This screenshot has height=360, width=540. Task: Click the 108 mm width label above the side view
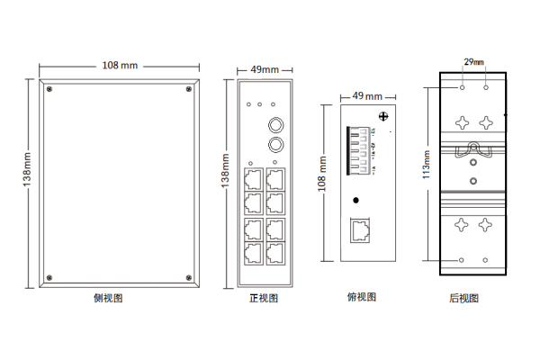coord(120,66)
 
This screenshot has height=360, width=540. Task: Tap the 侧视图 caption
coord(108,298)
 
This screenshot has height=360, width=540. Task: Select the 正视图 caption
coord(264,298)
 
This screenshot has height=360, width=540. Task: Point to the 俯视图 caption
coord(362,297)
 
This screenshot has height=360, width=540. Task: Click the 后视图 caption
coord(464,298)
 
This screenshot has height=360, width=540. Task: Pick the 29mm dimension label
coord(473,62)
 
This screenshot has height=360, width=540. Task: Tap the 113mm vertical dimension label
coord(426,164)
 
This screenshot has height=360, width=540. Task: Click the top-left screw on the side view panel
coord(49,89)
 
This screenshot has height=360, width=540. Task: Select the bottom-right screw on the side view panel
coord(188,276)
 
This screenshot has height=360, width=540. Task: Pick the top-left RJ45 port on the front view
coord(253,176)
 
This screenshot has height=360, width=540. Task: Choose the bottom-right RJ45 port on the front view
coord(274,252)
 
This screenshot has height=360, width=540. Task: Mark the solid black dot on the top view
coord(357,200)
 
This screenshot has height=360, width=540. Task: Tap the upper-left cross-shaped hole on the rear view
coord(462,121)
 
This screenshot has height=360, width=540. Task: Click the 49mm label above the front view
coord(264,69)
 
